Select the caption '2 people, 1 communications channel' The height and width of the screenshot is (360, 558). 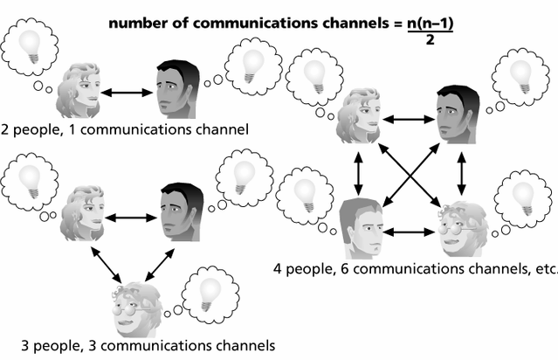126,129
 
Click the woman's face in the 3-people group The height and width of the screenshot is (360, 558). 84,212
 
